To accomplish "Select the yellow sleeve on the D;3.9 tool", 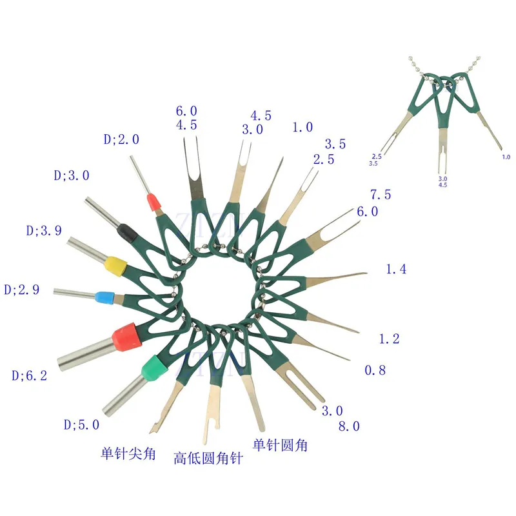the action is (114, 264).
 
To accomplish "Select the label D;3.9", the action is (44, 231).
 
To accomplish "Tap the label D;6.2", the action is (29, 375).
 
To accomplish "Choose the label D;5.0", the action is (81, 424).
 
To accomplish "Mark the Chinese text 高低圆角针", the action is (208, 459).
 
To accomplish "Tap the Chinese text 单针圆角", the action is (280, 445).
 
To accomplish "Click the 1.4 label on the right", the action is (396, 270).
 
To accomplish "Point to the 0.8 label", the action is (375, 370).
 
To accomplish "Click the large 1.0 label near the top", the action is (303, 128).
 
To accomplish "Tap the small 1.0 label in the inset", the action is (506, 157).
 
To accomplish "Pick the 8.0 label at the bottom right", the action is (349, 426).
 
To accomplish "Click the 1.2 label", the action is (389, 339).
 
